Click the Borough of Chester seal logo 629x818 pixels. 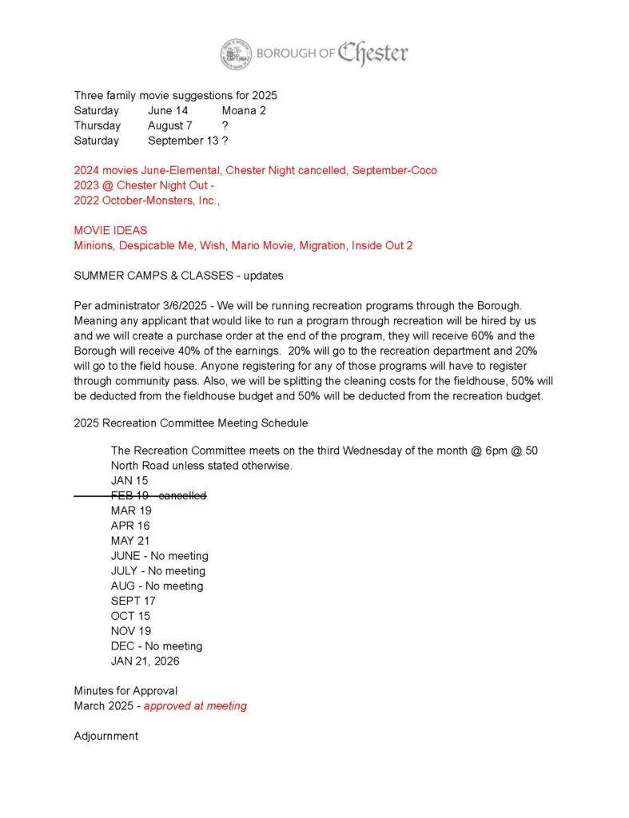coord(236,54)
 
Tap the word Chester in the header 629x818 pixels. coord(372,54)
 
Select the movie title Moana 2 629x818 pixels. coord(244,110)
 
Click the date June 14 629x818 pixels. coord(168,110)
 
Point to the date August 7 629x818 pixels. coord(169,125)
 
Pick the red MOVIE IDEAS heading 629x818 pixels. coord(110,230)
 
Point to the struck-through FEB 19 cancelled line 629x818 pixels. coord(158,495)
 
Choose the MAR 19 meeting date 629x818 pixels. coord(131,510)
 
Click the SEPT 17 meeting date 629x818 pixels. coord(133,601)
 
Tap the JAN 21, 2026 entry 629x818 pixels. coord(145,661)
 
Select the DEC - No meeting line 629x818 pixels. coord(157,645)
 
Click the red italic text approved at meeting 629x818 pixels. coord(195,705)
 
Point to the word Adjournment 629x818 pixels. coord(106,736)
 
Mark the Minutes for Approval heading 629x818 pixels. coord(125,690)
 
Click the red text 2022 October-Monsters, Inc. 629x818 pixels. coord(146,201)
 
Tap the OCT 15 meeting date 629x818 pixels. coord(130,616)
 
